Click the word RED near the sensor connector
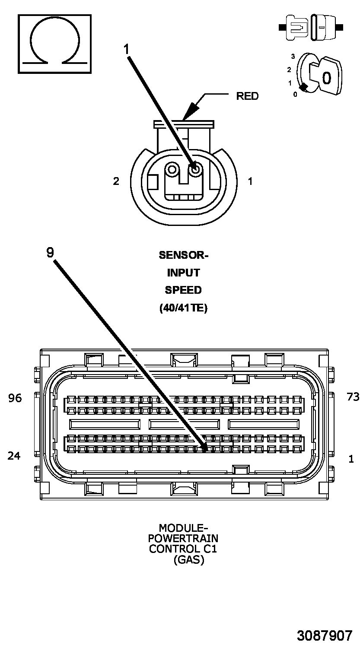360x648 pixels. (x=247, y=96)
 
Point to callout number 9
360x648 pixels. (x=51, y=252)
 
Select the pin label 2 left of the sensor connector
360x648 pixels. (x=116, y=181)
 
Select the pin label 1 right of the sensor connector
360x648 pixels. (x=250, y=181)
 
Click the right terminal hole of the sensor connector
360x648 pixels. (x=196, y=169)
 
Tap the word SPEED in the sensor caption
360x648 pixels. (x=183, y=290)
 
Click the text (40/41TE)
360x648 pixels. (x=183, y=308)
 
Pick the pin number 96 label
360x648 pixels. (x=15, y=398)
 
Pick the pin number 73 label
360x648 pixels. (x=353, y=397)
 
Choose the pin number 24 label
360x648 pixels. (x=14, y=455)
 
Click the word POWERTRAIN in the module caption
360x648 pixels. (x=183, y=539)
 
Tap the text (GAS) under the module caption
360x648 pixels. (x=188, y=560)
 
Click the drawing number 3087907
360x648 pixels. (x=324, y=635)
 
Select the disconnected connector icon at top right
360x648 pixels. (x=311, y=27)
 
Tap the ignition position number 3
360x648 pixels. (x=293, y=57)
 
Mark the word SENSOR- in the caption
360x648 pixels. (x=183, y=255)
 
